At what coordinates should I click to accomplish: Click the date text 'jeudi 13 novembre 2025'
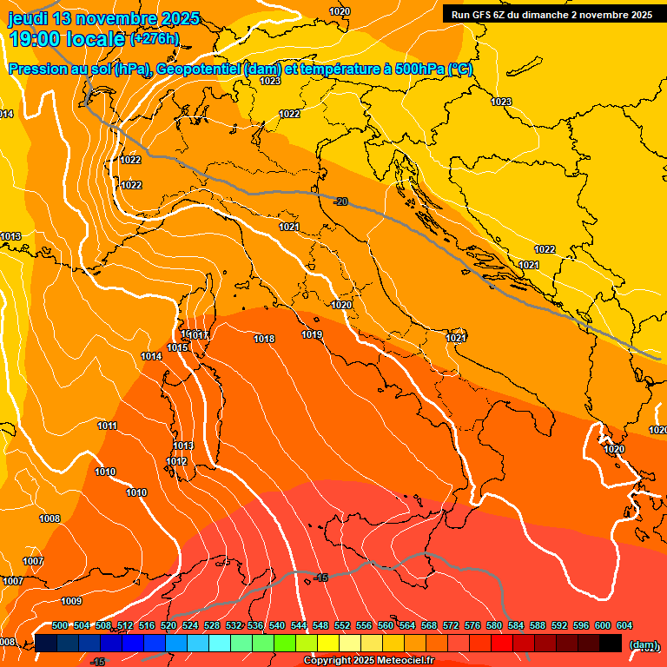[x=103, y=18]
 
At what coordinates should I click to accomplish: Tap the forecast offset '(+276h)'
[x=155, y=38]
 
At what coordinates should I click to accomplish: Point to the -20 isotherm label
[x=340, y=201]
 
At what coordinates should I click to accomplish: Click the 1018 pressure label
[x=264, y=339]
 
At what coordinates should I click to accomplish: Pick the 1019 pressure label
[x=312, y=334]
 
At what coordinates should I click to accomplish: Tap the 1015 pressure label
[x=177, y=347]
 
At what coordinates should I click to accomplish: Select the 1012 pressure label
[x=176, y=461]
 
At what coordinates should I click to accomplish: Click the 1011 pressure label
[x=107, y=426]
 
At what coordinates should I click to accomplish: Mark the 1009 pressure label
[x=71, y=601]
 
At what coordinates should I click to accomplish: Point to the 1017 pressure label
[x=198, y=335]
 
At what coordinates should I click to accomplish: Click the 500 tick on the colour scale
[x=60, y=625]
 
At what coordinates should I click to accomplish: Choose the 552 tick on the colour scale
[x=342, y=625]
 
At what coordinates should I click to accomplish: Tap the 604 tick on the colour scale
[x=624, y=625]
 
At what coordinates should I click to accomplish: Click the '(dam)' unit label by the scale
[x=643, y=644]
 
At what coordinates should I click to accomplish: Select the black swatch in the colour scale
[x=611, y=643]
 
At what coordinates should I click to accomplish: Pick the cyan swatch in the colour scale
[x=220, y=643]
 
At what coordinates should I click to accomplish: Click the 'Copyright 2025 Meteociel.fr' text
[x=368, y=661]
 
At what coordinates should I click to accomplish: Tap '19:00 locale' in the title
[x=66, y=39]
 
